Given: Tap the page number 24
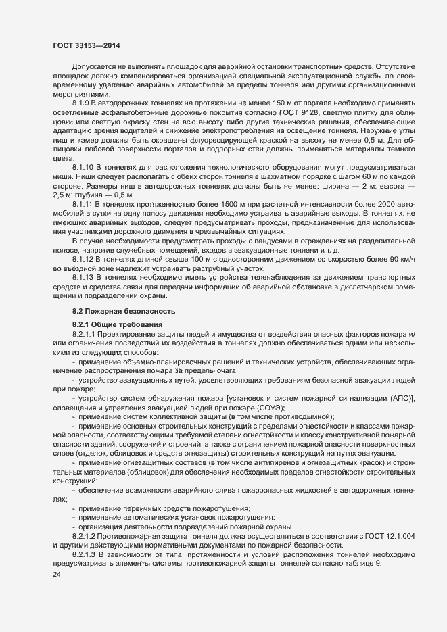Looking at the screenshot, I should [x=47, y=575].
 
